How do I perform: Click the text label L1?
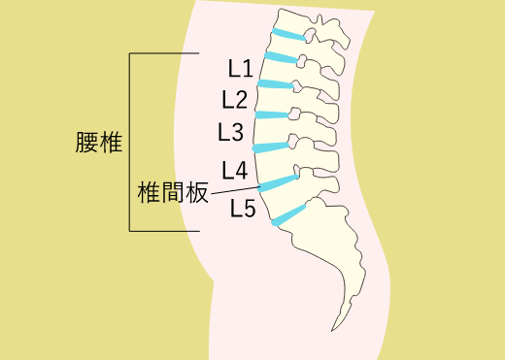click(x=241, y=69)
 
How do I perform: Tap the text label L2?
click(x=235, y=99)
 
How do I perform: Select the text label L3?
click(x=231, y=131)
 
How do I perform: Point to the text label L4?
click(x=234, y=171)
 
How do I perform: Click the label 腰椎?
click(x=96, y=142)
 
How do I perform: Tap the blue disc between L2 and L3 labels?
click(x=272, y=115)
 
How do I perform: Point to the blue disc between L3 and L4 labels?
click(x=272, y=147)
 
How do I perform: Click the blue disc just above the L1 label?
click(x=279, y=57)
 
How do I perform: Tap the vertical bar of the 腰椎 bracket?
click(x=130, y=142)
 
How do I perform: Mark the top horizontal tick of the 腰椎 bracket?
click(x=165, y=52)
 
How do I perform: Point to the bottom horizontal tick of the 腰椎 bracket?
click(x=165, y=231)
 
